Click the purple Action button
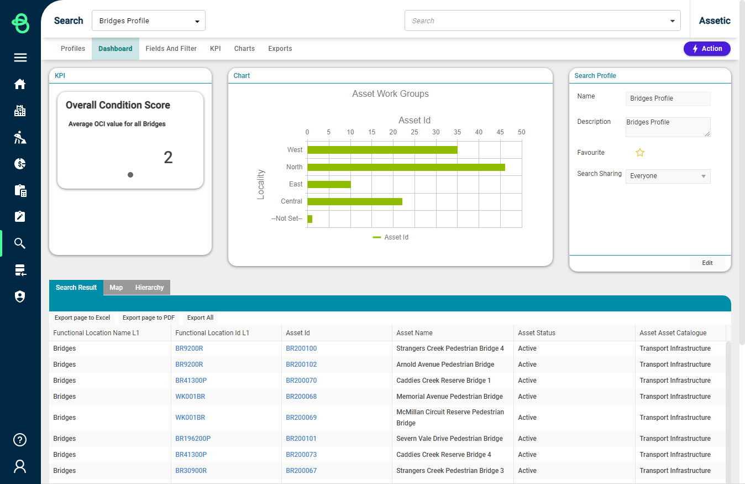(707, 49)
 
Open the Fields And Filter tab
(171, 49)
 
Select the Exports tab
(280, 49)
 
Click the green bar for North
(406, 167)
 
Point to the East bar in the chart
(329, 184)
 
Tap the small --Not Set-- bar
(310, 218)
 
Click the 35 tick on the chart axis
(457, 132)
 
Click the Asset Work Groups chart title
(390, 94)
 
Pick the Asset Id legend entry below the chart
(391, 237)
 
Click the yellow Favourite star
(640, 153)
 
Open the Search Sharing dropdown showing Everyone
(668, 176)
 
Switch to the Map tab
(116, 288)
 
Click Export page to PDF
(148, 318)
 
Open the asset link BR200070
(301, 381)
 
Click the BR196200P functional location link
(193, 439)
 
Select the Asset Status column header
(537, 333)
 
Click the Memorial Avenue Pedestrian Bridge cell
(449, 397)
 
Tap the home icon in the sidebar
(20, 84)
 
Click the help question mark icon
(20, 440)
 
